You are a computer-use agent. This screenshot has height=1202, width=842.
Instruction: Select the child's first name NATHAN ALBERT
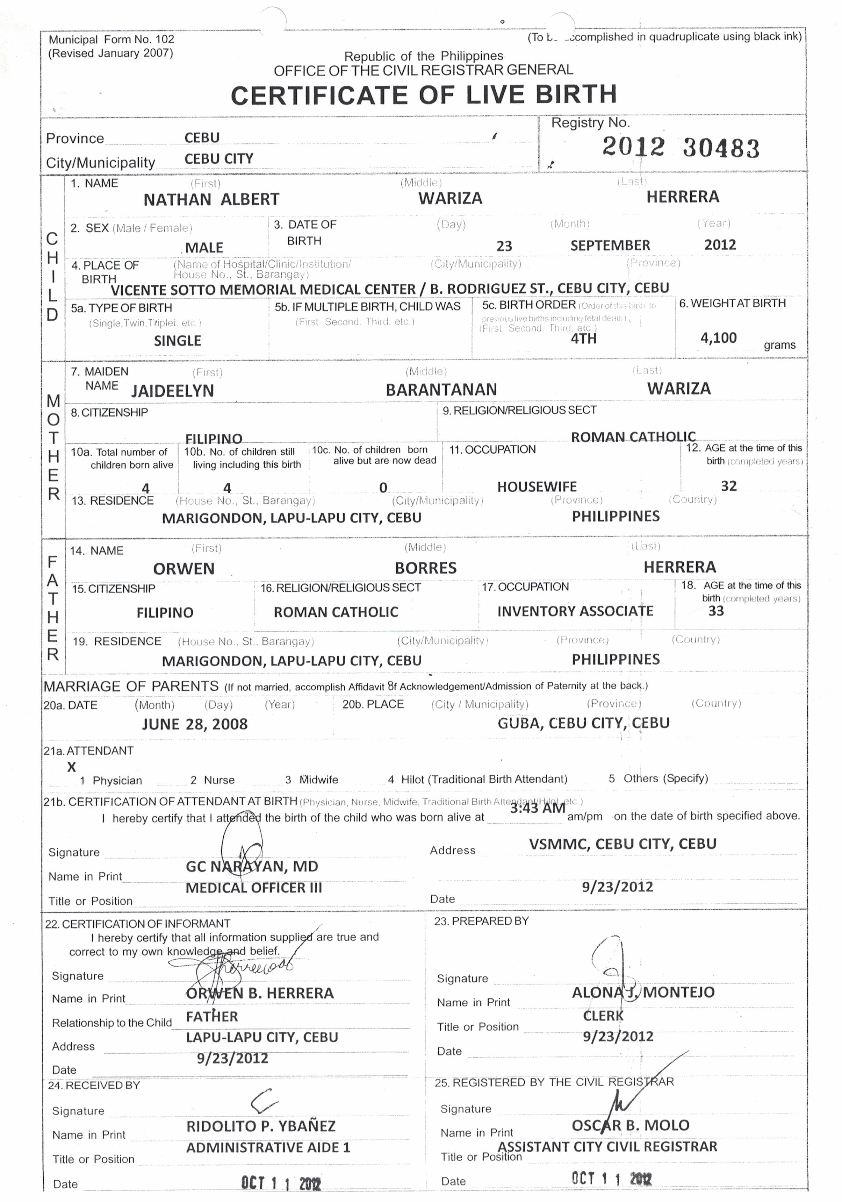[211, 199]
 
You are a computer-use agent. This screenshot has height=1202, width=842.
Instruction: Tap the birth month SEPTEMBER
[610, 246]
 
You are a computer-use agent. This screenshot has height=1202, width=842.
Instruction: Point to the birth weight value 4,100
[719, 338]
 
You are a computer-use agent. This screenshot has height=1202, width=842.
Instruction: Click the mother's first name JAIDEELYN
[172, 391]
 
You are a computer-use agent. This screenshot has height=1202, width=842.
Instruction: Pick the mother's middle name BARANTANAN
[441, 390]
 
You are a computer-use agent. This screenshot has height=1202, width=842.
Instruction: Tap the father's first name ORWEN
[184, 569]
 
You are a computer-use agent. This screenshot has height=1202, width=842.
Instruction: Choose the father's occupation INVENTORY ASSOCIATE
[575, 611]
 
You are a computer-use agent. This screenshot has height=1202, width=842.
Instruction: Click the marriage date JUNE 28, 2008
[195, 725]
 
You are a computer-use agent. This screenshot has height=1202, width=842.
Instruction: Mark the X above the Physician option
[72, 768]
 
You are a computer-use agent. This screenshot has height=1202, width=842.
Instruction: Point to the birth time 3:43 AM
[538, 808]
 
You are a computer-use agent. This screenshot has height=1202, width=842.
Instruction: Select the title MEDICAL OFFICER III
[254, 888]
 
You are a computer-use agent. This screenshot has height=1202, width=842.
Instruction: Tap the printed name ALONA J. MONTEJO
[643, 993]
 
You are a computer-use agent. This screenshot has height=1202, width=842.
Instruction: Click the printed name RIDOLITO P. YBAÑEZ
[261, 1126]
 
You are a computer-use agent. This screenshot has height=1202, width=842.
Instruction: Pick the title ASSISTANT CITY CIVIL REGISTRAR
[607, 1147]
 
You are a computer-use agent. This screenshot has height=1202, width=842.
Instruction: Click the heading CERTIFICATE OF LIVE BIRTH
[424, 95]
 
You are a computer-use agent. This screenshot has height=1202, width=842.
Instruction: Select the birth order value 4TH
[583, 339]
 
